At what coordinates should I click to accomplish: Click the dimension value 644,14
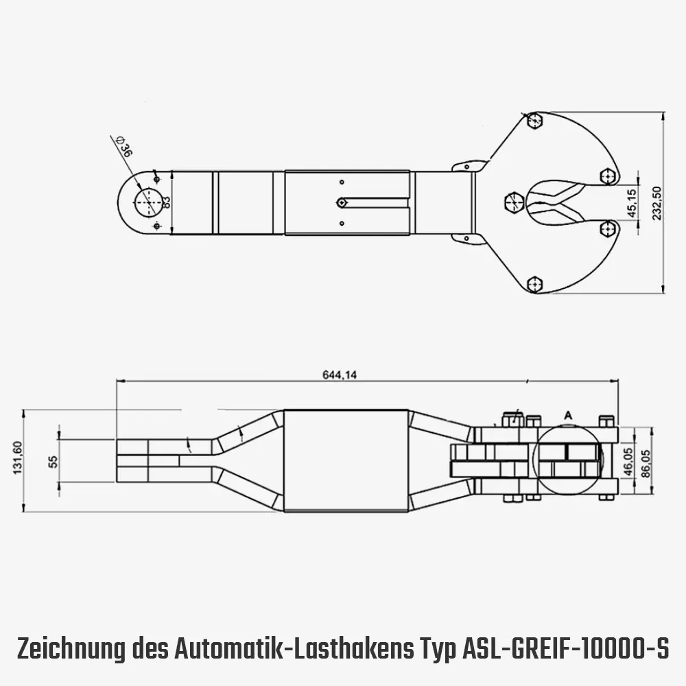(338, 375)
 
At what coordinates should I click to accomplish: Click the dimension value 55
(54, 460)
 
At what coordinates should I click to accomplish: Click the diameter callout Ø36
(124, 148)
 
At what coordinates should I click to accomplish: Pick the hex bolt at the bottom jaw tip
(535, 284)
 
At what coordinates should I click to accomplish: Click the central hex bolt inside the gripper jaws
(514, 203)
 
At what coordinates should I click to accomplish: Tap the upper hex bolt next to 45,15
(607, 177)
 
